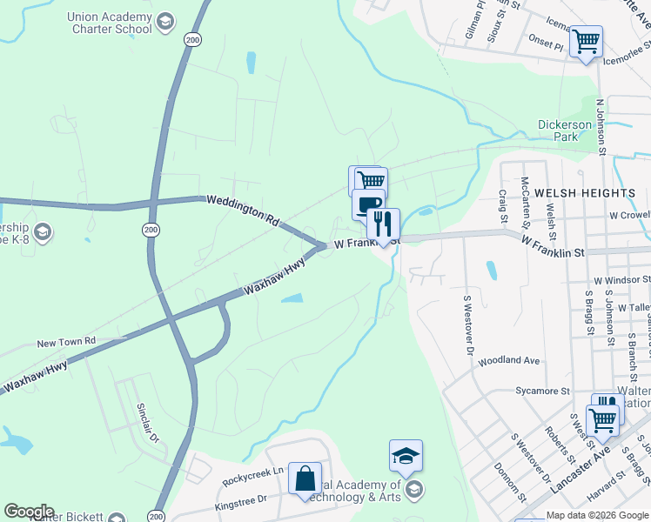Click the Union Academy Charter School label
(108, 23)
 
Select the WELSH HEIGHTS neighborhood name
(585, 192)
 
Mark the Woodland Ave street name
(509, 360)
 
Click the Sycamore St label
(541, 391)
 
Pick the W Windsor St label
(621, 281)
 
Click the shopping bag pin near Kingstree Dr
(305, 478)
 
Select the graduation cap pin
(406, 456)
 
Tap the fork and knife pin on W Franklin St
(383, 224)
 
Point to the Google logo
(29, 512)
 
